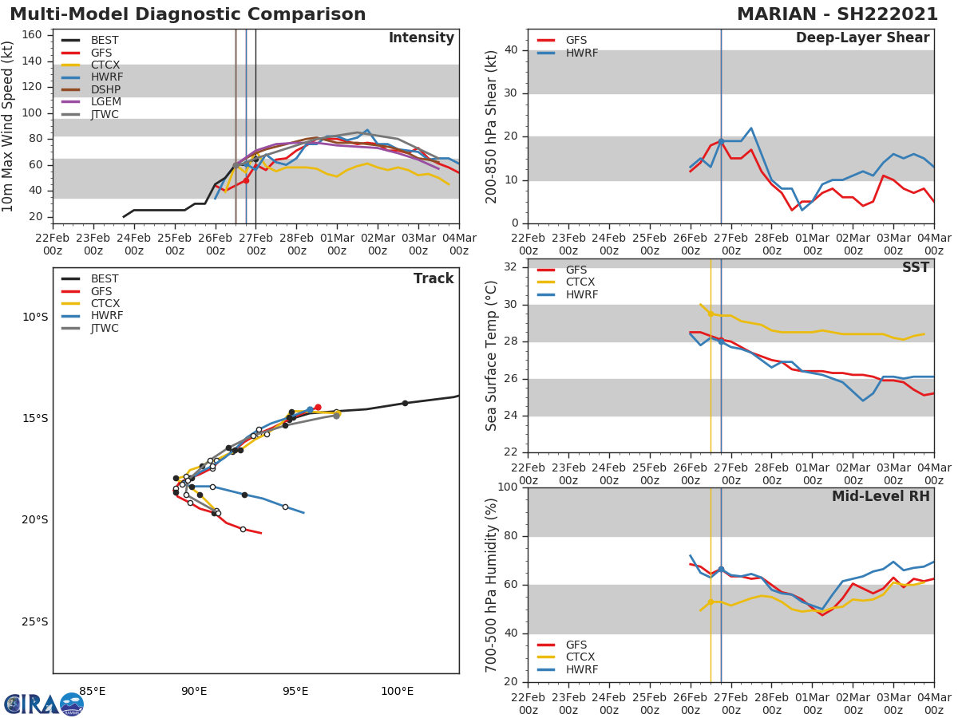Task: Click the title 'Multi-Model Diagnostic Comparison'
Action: [x=188, y=14]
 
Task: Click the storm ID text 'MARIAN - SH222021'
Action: [x=837, y=14]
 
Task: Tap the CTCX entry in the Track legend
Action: [x=105, y=304]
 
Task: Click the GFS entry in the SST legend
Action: [x=576, y=270]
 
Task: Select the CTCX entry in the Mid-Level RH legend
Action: [x=581, y=657]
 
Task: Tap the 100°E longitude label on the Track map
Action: [x=397, y=691]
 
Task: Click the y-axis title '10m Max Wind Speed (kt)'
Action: [x=9, y=126]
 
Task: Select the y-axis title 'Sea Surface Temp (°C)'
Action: [x=493, y=355]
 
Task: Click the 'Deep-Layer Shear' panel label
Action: [x=862, y=38]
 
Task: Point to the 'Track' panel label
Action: [x=433, y=279]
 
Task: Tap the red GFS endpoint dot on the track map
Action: [x=318, y=407]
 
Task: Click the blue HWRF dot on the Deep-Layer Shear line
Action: [x=721, y=141]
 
